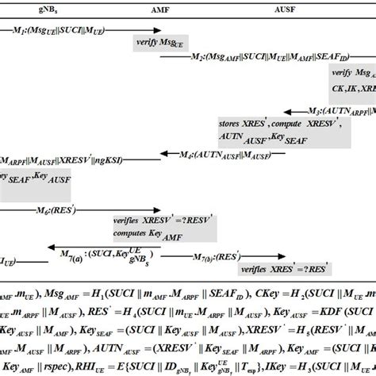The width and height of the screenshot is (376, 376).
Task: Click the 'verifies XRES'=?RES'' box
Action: pos(286,270)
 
